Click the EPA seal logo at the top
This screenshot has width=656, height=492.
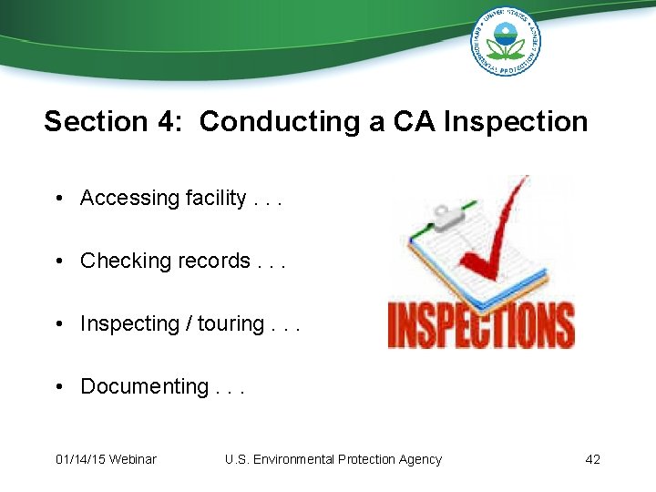pos(505,41)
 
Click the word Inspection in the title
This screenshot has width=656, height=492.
pos(516,121)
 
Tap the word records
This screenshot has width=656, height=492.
pos(214,261)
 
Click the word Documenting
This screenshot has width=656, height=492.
pos(145,386)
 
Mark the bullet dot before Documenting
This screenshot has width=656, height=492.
pos(57,386)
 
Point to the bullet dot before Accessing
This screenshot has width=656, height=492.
pos(57,198)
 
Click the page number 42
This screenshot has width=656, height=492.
pos(592,459)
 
